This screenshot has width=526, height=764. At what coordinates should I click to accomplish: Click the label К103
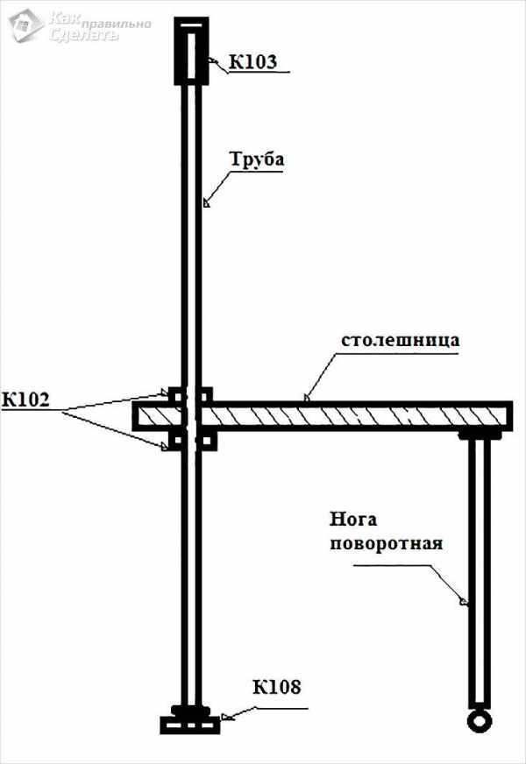253,61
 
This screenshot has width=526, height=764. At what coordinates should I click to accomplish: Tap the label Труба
257,161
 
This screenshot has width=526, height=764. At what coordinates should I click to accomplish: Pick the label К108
277,686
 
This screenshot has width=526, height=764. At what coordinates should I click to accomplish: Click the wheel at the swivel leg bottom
479,720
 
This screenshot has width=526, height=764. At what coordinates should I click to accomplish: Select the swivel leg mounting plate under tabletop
480,434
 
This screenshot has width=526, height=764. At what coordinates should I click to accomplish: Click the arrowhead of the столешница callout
307,398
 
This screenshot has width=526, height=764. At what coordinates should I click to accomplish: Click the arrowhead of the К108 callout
227,716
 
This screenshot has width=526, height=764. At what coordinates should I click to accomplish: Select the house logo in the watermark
24,26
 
